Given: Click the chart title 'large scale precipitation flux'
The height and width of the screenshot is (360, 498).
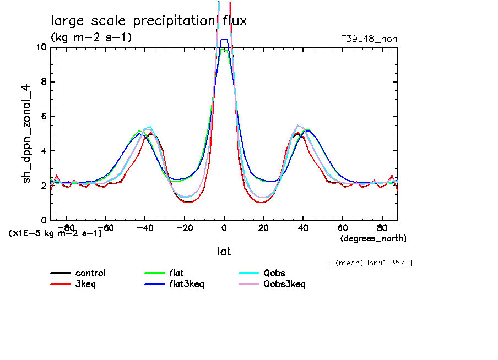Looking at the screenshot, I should point(149,21).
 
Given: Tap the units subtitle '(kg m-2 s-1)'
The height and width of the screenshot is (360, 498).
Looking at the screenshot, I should point(91,37).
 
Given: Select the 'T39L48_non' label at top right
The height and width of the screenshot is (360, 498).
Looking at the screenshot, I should point(369,39).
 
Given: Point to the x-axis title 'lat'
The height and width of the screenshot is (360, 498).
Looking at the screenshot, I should point(224,252).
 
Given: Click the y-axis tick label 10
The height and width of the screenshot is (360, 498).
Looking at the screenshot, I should point(40,47).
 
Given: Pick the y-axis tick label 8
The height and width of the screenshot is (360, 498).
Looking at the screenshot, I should point(44,81).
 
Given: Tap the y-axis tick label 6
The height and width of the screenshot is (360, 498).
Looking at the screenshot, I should point(44,116).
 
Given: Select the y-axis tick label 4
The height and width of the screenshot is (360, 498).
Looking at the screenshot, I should point(44,151).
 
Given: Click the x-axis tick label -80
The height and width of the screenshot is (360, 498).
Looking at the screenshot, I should point(66,227).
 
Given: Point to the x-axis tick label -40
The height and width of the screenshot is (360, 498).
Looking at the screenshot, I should point(145,227).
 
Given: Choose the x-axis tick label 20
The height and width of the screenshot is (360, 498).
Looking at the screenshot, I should point(263,227).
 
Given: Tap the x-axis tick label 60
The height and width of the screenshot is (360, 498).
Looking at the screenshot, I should point(342,227).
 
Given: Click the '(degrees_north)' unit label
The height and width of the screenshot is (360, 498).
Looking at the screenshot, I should point(373,238).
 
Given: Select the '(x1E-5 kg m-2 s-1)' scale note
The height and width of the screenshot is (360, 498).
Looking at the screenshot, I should point(56,233).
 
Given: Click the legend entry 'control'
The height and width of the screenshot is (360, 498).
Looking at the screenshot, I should point(90,273).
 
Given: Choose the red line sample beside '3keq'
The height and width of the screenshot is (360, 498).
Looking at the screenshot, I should point(61,284).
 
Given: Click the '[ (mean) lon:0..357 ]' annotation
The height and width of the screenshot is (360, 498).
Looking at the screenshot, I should point(370,263).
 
